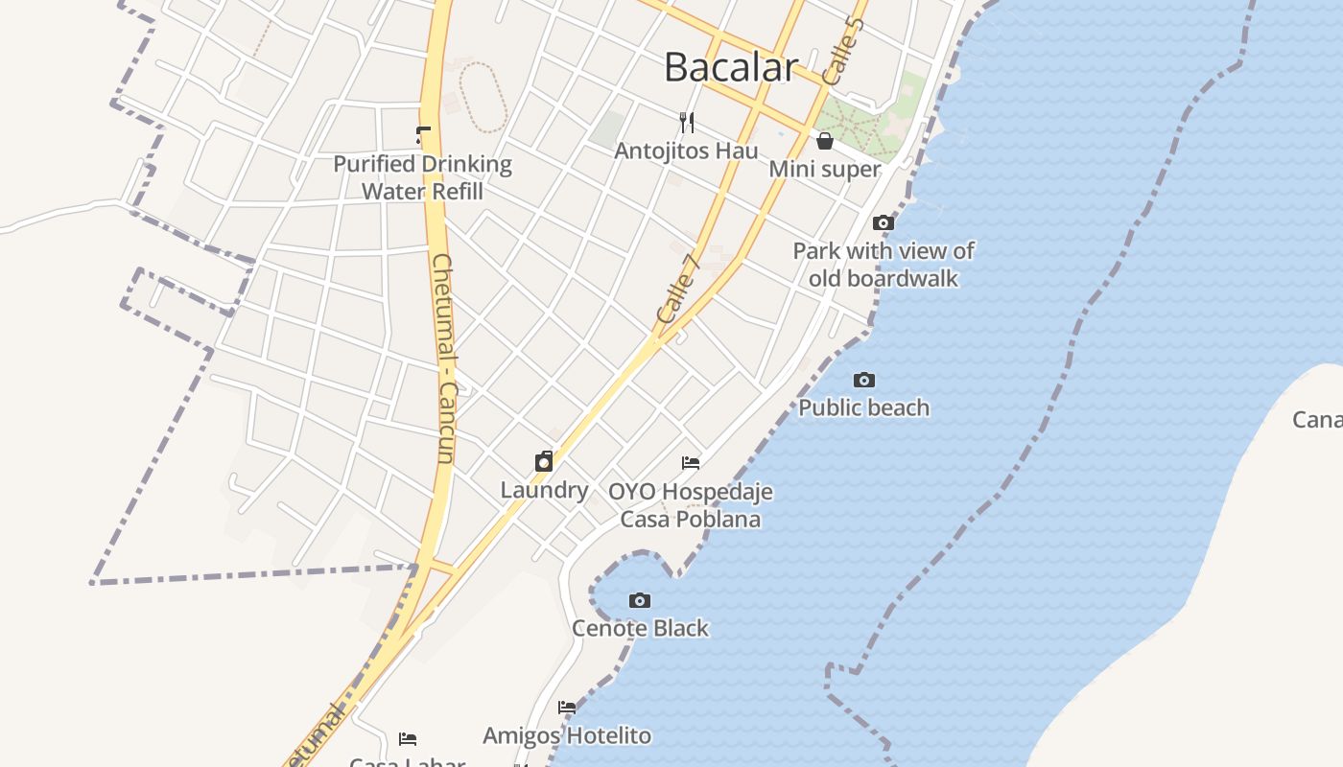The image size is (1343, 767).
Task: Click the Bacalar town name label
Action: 731,67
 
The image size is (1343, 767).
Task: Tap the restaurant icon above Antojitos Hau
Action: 687,122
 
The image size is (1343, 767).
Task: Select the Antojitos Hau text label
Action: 686,151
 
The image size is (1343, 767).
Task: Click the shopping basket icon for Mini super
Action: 825,141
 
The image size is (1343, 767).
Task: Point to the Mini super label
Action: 825,169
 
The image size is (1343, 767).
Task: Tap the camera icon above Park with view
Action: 884,222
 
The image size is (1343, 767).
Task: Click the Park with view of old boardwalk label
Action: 884,265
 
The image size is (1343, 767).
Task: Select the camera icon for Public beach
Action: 864,380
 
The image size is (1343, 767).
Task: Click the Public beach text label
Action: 864,407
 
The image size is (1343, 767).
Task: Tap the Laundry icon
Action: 544,461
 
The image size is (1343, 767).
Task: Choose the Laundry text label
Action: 544,490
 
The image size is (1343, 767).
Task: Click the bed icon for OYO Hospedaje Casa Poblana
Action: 691,463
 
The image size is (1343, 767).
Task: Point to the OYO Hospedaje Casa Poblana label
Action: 691,505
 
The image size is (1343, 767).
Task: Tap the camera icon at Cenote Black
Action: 640,600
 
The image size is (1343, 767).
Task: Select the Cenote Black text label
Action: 640,628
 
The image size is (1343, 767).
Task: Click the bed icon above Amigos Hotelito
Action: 567,708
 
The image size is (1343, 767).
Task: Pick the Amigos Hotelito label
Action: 567,735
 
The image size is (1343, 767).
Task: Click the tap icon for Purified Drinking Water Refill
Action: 423,135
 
